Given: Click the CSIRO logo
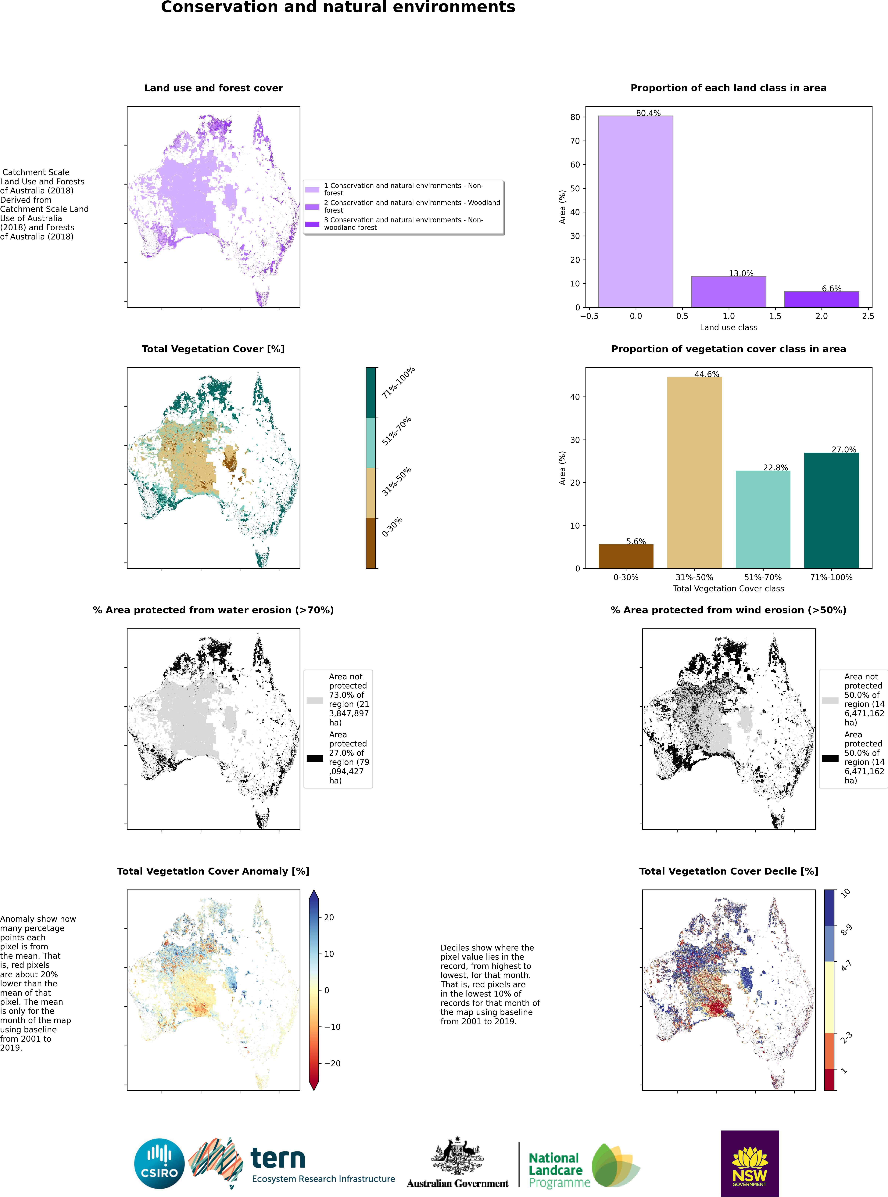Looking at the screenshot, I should (x=159, y=1164).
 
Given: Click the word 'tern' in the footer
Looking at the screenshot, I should (x=278, y=1158).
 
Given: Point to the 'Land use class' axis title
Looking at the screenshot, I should (x=728, y=327).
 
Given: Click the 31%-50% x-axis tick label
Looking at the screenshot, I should (x=694, y=577).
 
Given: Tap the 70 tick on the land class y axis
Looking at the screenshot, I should (x=575, y=141).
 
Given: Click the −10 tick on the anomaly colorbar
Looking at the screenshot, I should (x=332, y=1027).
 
